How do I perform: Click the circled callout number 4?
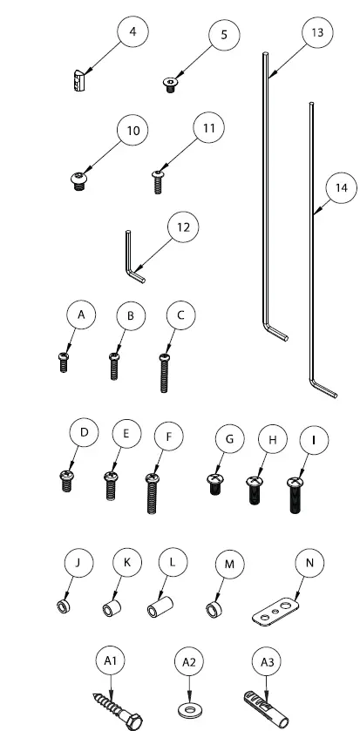[132, 32]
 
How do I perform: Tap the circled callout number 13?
[316, 32]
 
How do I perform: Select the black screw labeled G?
[215, 484]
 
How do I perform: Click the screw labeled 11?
[160, 179]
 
